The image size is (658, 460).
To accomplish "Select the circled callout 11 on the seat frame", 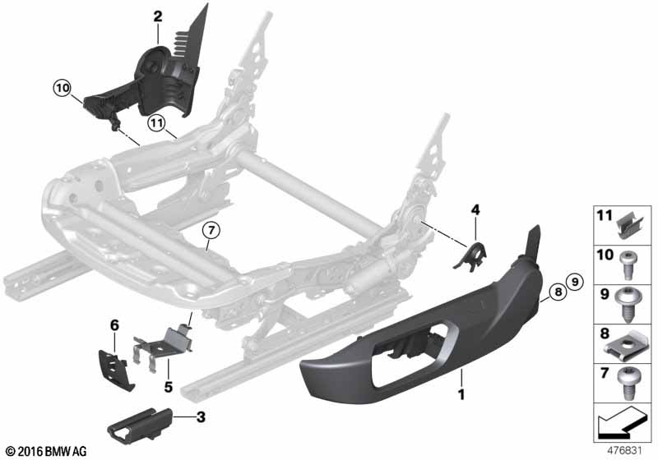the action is coord(157,123).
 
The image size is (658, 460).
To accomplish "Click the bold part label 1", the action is coord(461,398).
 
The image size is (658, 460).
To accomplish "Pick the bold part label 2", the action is coord(157,16).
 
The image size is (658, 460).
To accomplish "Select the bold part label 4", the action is coord(475,210).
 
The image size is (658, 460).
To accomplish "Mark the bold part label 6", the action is coord(115,325).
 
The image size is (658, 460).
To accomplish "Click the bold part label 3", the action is coord(200,417).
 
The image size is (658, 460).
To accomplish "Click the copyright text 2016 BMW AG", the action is coord(46,451).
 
